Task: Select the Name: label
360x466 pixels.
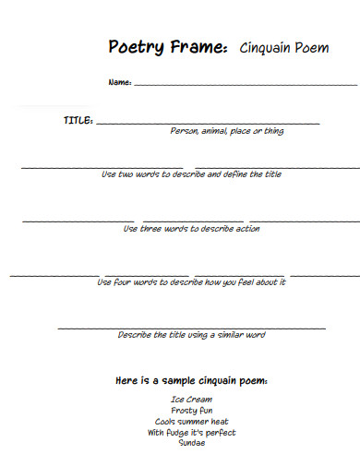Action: coord(120,83)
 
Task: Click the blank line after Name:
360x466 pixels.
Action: coord(245,85)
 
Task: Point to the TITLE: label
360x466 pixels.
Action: coord(78,121)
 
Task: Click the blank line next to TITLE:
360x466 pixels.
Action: coord(208,123)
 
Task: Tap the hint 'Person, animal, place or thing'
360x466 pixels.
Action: coord(227,131)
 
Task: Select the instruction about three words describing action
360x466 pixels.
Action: coord(191,229)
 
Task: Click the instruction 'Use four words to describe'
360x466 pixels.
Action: coord(191,282)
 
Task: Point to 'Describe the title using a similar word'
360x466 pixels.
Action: coord(191,335)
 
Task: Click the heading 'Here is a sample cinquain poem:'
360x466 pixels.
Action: coord(191,380)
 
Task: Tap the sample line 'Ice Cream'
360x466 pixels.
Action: coord(191,400)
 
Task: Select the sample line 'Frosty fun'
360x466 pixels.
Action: coord(191,410)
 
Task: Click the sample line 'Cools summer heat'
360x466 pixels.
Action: coord(191,421)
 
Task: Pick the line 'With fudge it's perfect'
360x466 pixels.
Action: coord(191,432)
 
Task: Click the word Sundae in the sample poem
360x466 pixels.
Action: coord(191,443)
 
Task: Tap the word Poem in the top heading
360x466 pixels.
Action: coord(313,47)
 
